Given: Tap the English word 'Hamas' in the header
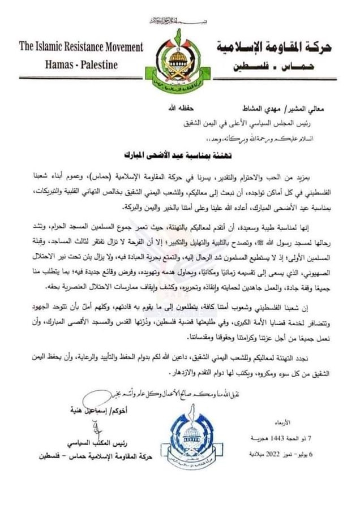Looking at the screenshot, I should click(x=59, y=64).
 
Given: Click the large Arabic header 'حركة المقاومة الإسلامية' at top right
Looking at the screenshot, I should click(x=275, y=47).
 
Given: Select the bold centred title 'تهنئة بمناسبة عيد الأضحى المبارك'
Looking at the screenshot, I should click(x=179, y=153).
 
